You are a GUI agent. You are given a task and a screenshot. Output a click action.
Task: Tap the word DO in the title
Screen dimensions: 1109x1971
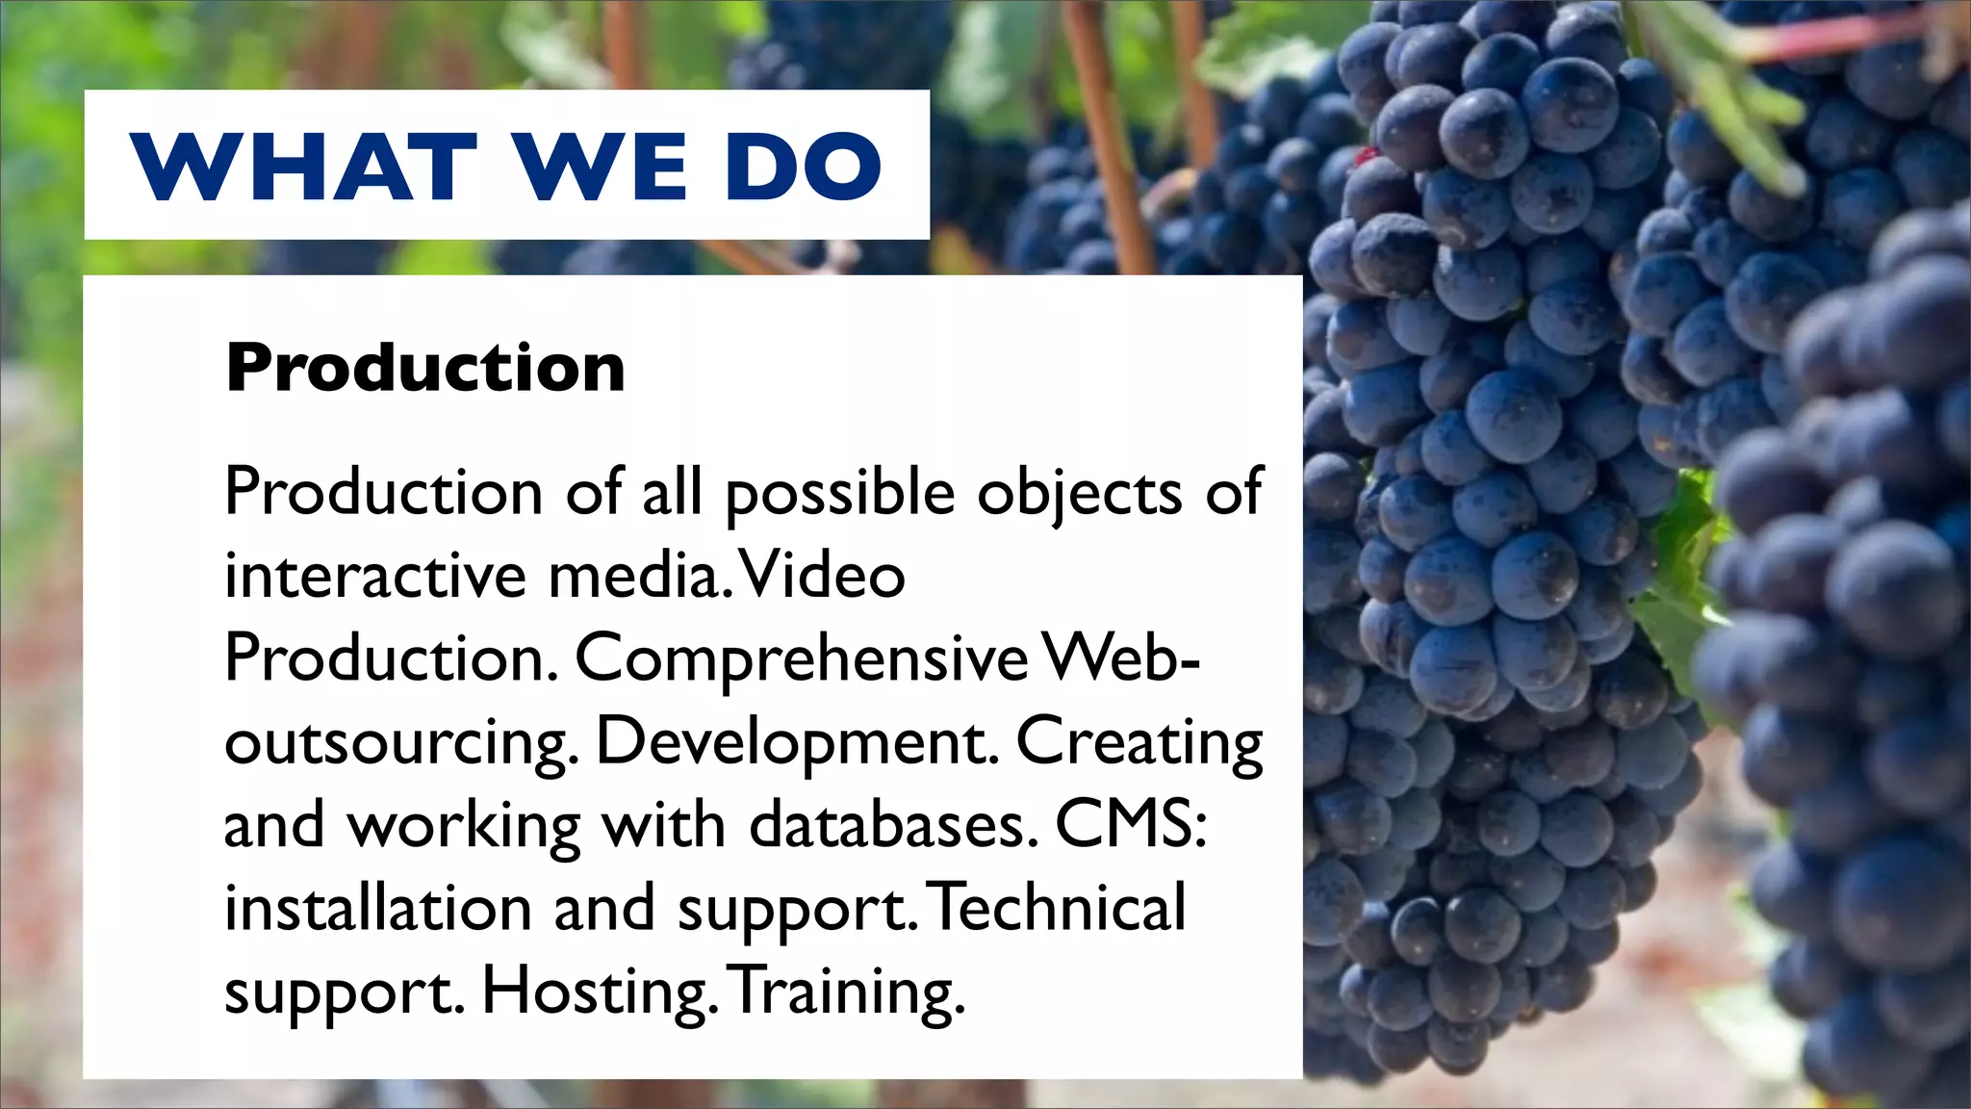pos(804,167)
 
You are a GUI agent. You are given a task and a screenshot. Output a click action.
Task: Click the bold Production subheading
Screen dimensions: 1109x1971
pos(425,368)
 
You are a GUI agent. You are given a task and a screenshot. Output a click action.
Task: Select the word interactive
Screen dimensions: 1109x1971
pos(375,576)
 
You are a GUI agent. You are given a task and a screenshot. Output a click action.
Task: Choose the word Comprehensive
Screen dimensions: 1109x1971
pos(802,660)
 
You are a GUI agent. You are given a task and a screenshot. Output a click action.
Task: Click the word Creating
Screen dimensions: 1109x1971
pos(1139,743)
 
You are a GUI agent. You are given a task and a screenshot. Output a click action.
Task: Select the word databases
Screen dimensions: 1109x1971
pos(893,826)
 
